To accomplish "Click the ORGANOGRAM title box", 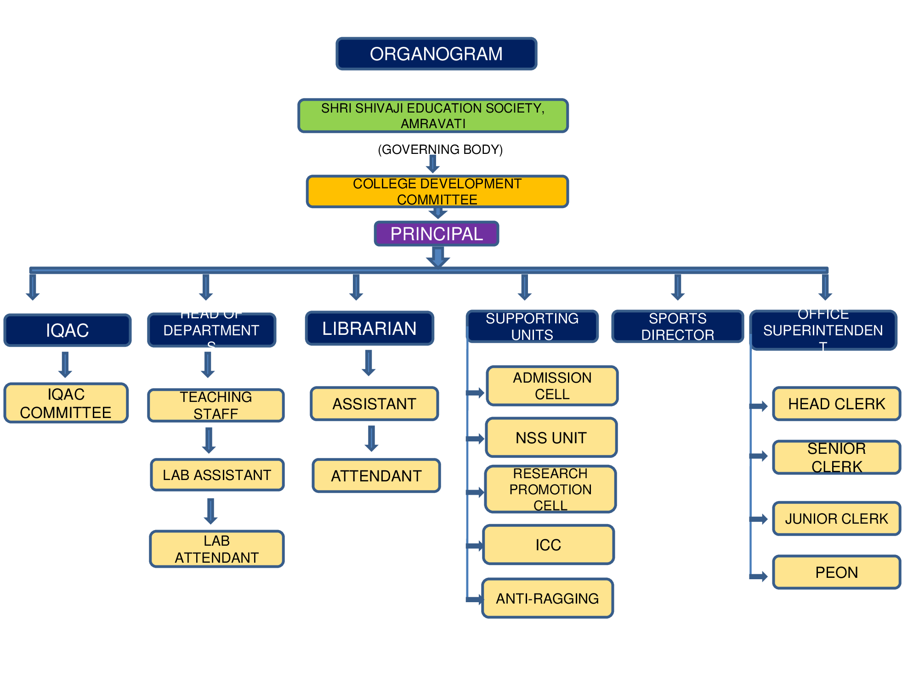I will (436, 54).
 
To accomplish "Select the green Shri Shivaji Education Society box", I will (433, 116).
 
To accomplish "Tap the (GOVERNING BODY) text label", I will (440, 149).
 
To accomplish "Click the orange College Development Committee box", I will (437, 192).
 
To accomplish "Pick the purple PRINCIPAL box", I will (436, 234).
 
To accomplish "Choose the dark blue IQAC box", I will (68, 330).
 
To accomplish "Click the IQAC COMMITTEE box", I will (66, 403).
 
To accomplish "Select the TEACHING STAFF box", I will (216, 405).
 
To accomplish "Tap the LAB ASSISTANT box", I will (217, 474).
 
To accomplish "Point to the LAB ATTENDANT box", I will (216, 549).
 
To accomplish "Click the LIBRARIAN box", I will (369, 328).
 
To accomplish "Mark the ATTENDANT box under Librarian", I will (376, 475).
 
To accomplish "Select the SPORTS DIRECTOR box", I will (677, 327).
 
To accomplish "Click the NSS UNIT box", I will (551, 437).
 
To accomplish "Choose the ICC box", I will (548, 545).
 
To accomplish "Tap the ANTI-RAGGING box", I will (547, 598).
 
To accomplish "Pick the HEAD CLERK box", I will (836, 404).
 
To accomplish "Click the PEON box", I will (836, 572).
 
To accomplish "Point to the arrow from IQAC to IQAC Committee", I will (65, 365).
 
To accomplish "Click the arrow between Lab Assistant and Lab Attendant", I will (210, 511).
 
